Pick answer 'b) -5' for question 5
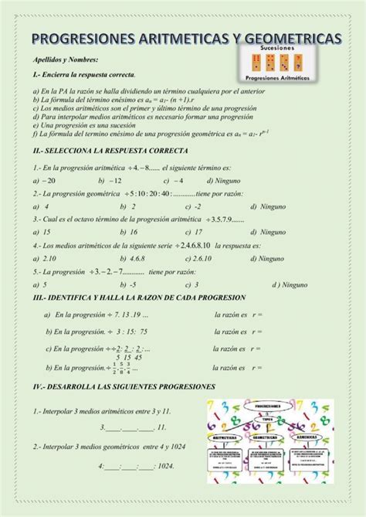click(130, 284)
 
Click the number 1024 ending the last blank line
click(163, 466)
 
